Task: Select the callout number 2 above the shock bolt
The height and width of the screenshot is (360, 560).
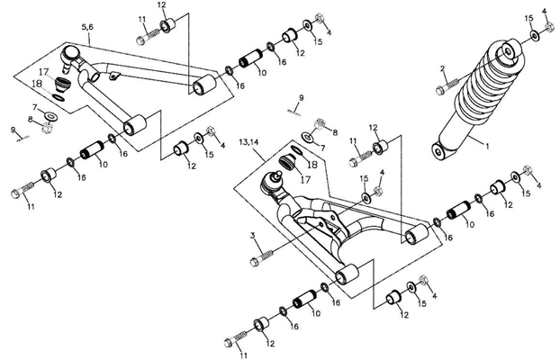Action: [442, 68]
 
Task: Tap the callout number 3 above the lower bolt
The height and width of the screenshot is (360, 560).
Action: [256, 236]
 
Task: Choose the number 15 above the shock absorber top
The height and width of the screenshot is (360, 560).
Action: [528, 19]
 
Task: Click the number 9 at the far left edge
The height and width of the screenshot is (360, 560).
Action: [13, 130]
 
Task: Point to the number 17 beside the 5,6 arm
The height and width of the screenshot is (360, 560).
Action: [42, 71]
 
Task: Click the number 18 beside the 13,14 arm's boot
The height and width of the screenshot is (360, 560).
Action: [311, 165]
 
